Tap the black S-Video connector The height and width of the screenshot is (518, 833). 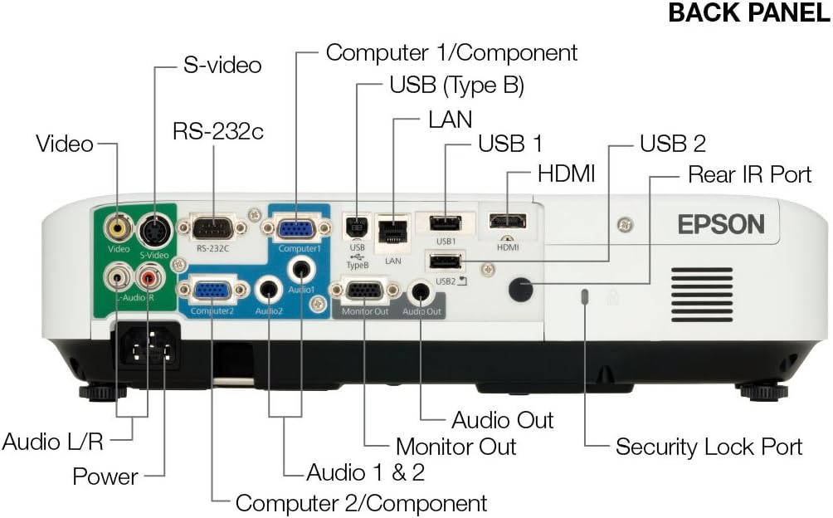pyautogui.click(x=153, y=227)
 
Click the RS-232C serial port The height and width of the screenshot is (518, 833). pyautogui.click(x=213, y=227)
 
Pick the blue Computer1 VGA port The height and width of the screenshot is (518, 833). pyautogui.click(x=295, y=227)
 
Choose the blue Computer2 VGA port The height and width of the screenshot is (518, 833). pyautogui.click(x=212, y=290)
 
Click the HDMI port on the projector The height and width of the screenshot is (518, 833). pyautogui.click(x=506, y=222)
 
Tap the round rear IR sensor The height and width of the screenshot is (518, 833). pyautogui.click(x=520, y=288)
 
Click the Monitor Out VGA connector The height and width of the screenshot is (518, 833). pyautogui.click(x=364, y=291)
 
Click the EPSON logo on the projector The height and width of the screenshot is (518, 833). pyautogui.click(x=721, y=224)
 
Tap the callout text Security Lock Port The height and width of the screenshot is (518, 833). pyautogui.click(x=709, y=447)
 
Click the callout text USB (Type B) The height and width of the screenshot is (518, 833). pyautogui.click(x=456, y=85)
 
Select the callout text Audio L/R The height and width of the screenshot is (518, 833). pyautogui.click(x=52, y=440)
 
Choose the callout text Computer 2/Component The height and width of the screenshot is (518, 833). pyautogui.click(x=361, y=502)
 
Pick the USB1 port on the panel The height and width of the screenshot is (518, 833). pyautogui.click(x=446, y=222)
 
